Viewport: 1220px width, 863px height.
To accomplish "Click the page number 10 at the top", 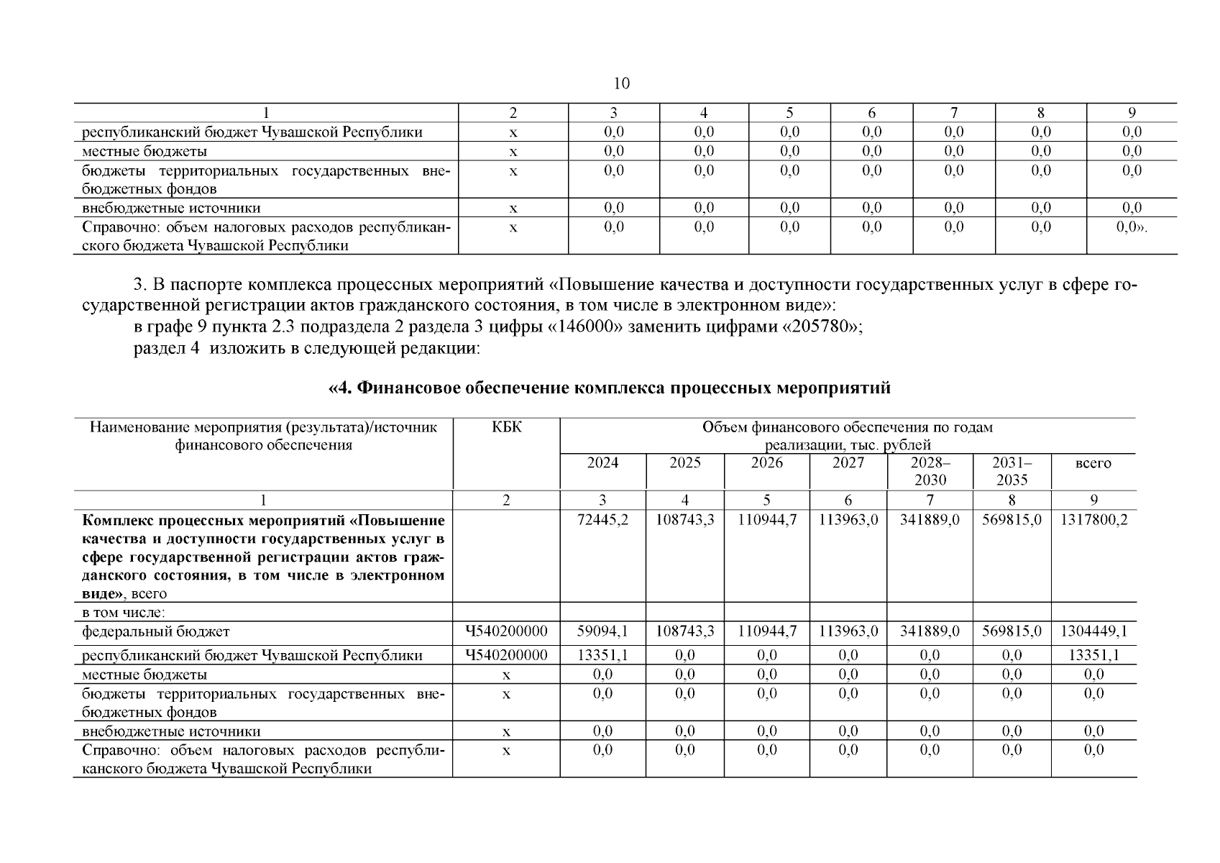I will coord(621,83).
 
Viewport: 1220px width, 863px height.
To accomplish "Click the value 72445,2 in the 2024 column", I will coord(602,520).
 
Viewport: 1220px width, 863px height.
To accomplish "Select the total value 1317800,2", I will coord(1093,520).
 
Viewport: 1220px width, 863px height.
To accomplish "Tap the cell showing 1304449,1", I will coord(1093,631).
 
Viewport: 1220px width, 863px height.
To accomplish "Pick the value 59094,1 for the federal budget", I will coord(602,631).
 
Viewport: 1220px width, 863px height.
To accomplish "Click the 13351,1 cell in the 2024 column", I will coord(602,655).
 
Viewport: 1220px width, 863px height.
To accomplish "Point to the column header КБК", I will coord(506,428).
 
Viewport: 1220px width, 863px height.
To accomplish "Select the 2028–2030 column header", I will coord(930,471).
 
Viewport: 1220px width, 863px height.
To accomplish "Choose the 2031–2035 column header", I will coord(1012,471).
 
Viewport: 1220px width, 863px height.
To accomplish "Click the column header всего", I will coord(1093,463).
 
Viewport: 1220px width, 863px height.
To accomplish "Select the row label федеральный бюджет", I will coord(156,631).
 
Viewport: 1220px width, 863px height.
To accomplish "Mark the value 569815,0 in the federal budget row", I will coord(1012,631).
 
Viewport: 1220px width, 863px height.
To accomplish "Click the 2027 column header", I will coord(848,463).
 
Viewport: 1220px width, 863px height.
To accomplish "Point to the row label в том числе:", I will coord(124,613).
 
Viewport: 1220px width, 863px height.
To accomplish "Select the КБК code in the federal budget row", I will coord(506,631).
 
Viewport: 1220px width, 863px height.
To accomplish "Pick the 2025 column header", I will coord(684,463).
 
